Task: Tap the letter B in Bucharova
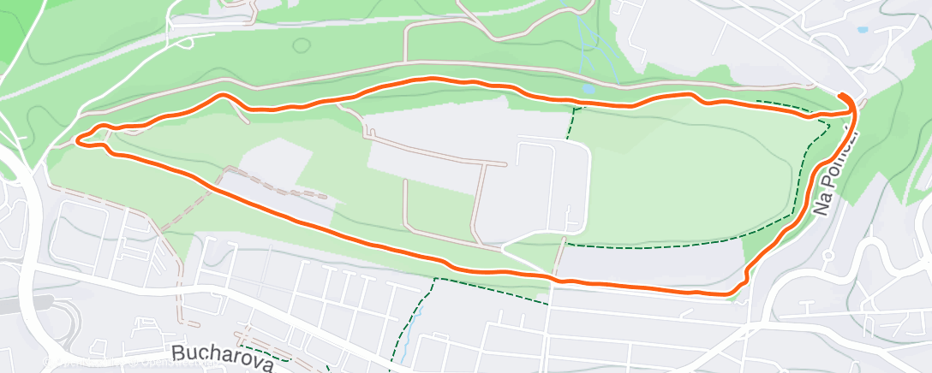pos(178,352)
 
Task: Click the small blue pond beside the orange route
pos(588,88)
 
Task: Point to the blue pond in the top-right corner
pos(862,30)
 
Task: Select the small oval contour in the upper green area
pos(301,44)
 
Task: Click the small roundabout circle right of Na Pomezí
pos(827,255)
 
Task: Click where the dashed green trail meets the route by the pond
pos(574,106)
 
